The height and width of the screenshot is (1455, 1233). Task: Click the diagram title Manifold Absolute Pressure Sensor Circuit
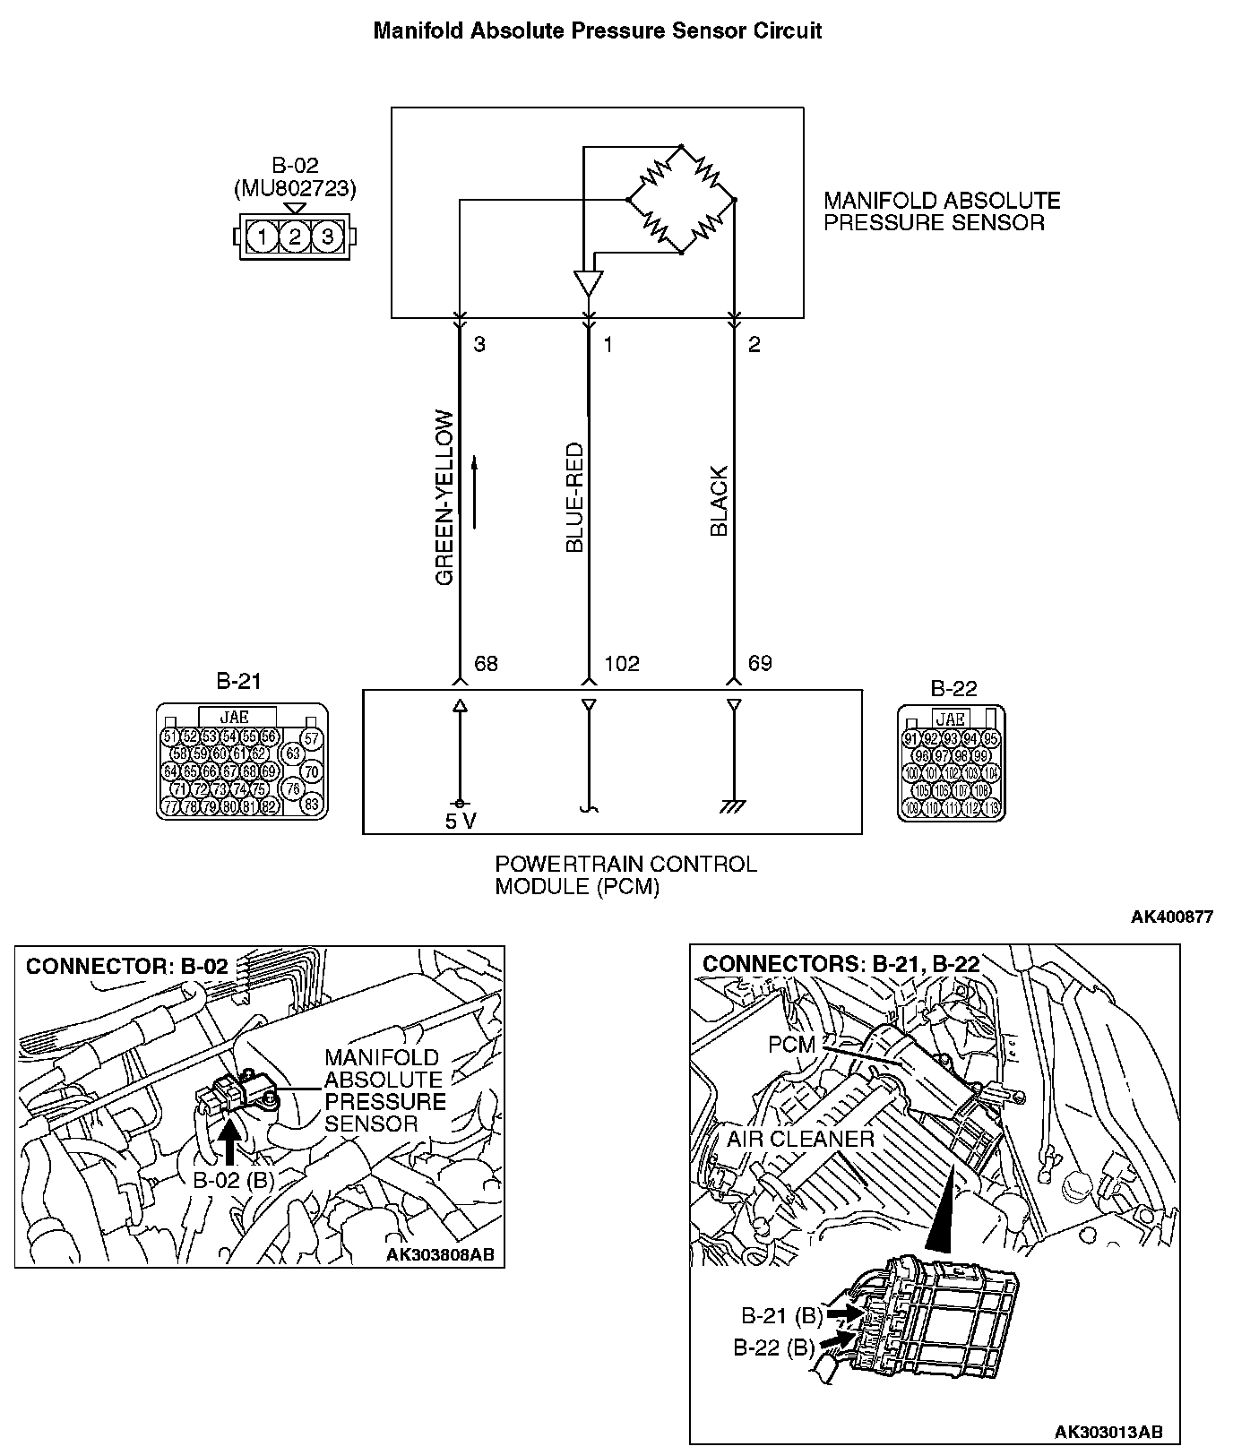click(597, 31)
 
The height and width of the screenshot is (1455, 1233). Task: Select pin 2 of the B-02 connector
click(294, 237)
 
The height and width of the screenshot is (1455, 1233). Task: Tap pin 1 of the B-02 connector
click(261, 237)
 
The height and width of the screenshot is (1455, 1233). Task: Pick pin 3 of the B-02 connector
click(328, 237)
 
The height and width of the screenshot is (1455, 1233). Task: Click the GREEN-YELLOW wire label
click(444, 498)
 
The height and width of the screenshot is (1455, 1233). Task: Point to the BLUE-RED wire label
click(574, 497)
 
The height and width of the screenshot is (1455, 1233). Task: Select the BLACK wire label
click(719, 501)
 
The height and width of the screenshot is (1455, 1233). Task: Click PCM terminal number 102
click(622, 664)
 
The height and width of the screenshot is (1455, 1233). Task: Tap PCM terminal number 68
click(485, 664)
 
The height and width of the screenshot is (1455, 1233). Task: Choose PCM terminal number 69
click(760, 664)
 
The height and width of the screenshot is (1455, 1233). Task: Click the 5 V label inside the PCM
click(461, 822)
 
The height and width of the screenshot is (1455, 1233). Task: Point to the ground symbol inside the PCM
click(733, 806)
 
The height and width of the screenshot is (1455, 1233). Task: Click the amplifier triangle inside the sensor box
click(588, 283)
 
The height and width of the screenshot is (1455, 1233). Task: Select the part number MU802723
click(295, 189)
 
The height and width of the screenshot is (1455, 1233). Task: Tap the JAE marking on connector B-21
click(234, 717)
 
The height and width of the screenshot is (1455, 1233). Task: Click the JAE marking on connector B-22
click(950, 719)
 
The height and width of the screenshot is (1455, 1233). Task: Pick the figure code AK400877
click(1171, 917)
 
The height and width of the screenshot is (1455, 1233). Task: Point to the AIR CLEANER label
click(800, 1139)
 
